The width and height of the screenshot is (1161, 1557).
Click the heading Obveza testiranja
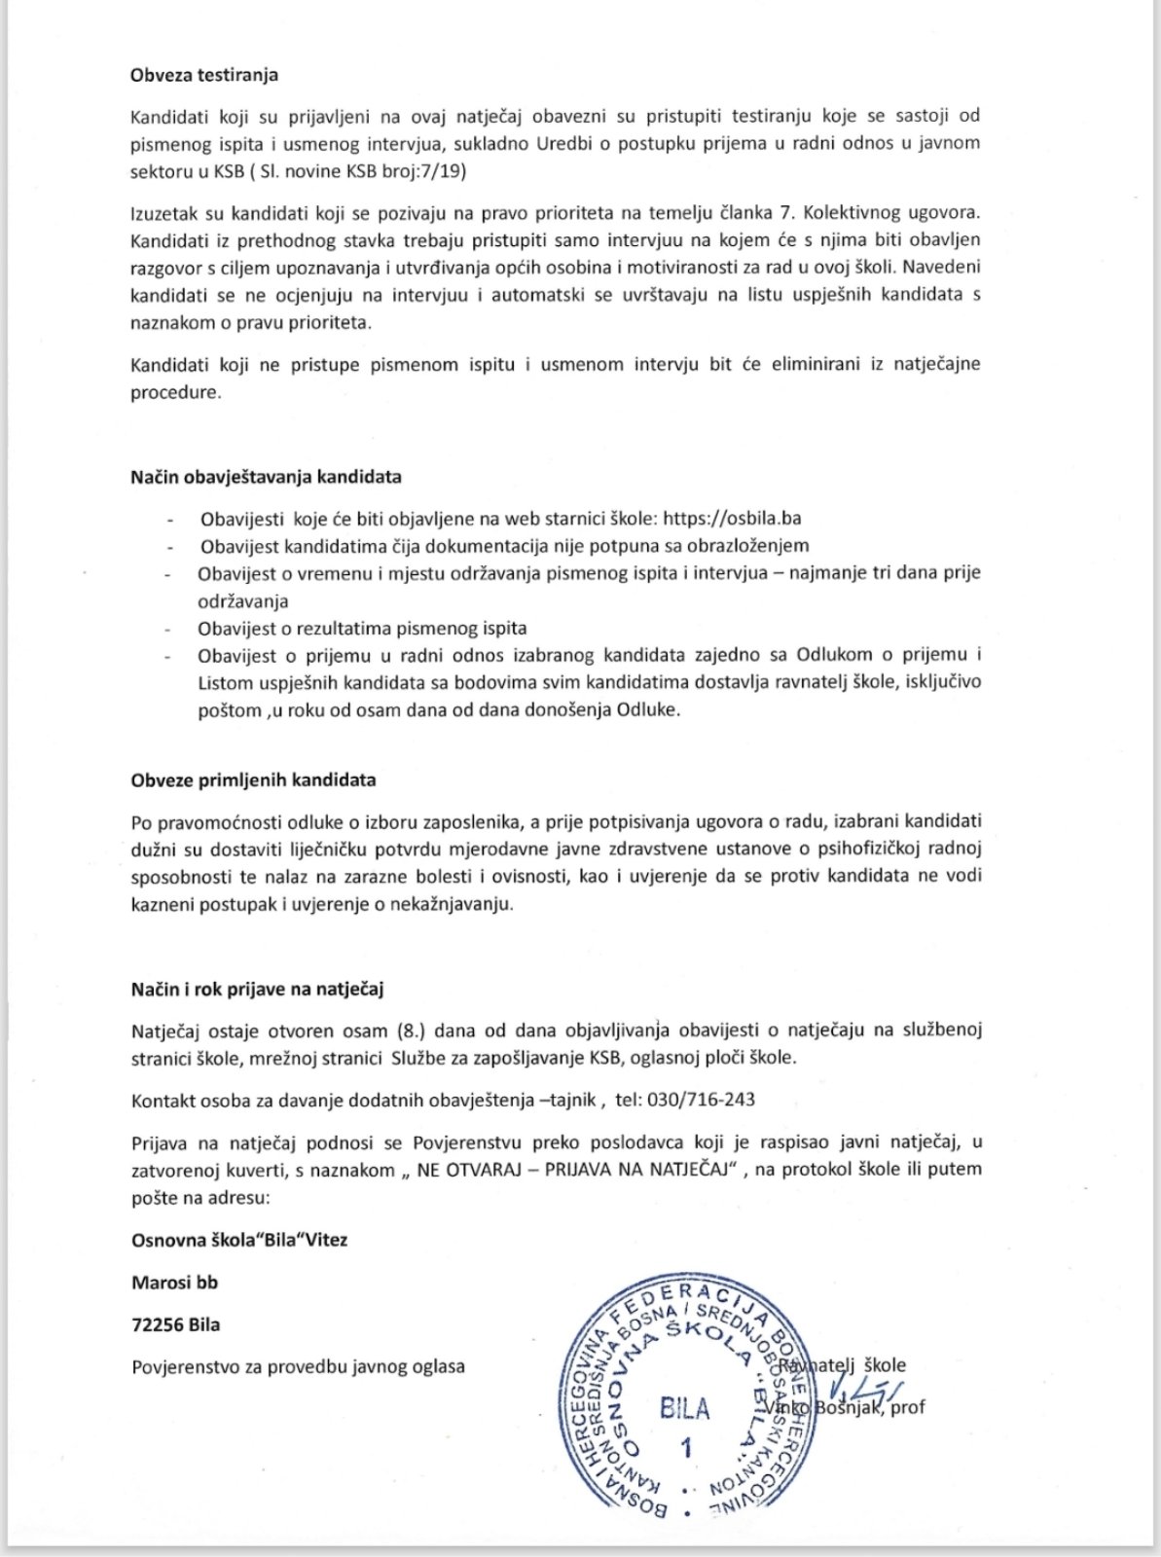coord(204,75)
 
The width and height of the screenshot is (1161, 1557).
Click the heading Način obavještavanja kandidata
coord(266,478)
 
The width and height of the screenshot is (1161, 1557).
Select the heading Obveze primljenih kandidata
coord(253,780)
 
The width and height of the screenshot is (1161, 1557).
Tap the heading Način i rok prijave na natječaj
coord(257,990)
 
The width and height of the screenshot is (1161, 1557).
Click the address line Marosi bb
coord(174,1283)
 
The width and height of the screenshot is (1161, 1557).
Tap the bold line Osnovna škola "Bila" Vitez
coord(239,1240)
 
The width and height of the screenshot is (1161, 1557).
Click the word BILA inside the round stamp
coord(684,1408)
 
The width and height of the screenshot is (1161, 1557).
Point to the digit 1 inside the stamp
coord(686,1449)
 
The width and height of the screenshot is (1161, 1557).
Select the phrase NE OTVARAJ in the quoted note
coord(463,1169)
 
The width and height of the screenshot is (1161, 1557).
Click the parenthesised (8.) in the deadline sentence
coord(414,1031)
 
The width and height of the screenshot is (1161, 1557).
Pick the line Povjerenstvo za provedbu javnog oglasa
coord(298,1366)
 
